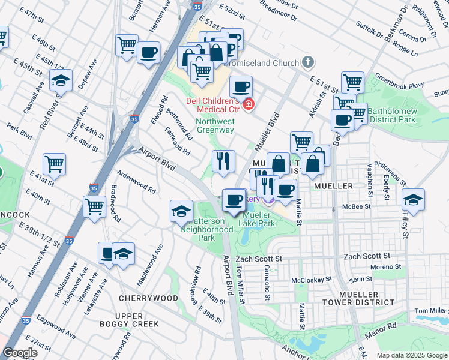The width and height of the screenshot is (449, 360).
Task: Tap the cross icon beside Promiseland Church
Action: (308, 62)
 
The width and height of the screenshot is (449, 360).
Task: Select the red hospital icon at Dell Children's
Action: (249, 105)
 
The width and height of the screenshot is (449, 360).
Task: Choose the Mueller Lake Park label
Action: (257, 218)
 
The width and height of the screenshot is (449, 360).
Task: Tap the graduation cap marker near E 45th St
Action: (61, 80)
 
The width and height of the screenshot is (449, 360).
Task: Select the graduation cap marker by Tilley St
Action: (413, 199)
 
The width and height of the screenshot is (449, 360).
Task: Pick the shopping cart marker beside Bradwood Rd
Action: (95, 207)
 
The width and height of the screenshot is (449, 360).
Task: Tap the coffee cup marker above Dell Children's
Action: (241, 86)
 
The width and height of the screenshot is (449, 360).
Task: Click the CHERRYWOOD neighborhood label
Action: (148, 298)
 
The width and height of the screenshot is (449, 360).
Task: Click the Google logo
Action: (20, 353)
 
